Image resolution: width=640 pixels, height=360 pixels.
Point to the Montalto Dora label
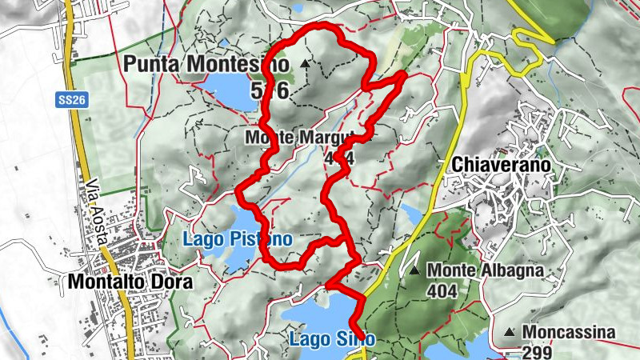pos(130,282)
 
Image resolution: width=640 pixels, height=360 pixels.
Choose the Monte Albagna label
pos(485,271)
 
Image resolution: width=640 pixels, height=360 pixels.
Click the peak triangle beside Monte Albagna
pos(414,271)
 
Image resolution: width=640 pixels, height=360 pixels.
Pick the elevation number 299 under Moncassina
pos(537,350)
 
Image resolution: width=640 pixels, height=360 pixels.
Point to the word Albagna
pos(510,271)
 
